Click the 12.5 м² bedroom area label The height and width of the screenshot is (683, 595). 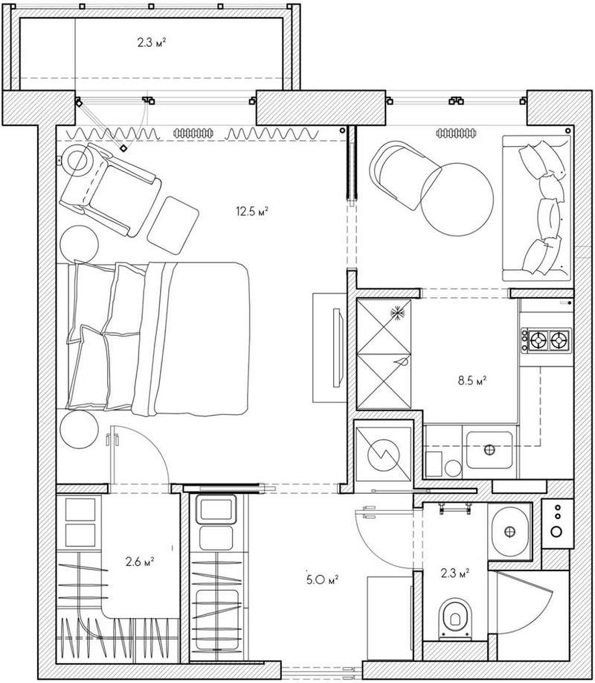tap(252, 212)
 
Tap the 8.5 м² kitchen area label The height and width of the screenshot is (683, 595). tap(472, 381)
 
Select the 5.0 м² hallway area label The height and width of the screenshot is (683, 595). tap(322, 579)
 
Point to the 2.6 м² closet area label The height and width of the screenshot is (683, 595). tap(140, 562)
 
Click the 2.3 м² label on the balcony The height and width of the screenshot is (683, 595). tap(152, 42)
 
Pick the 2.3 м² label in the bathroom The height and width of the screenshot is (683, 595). tap(455, 573)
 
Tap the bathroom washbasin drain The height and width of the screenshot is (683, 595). tap(509, 531)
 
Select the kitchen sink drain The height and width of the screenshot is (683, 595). tap(489, 450)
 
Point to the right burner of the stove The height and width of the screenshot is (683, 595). tap(560, 340)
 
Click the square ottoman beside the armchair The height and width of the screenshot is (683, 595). tap(173, 225)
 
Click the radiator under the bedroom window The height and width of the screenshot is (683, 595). tap(193, 133)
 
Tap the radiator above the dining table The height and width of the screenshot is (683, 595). tap(456, 133)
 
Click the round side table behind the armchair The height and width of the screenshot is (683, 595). tap(79, 244)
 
